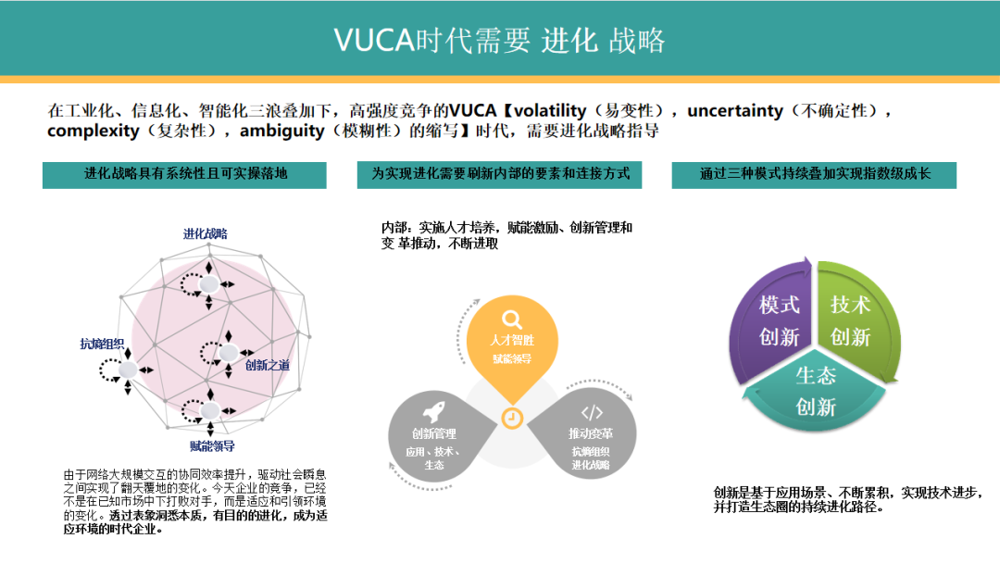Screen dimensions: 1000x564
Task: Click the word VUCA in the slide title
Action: [375, 40]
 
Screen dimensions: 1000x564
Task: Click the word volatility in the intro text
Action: [550, 110]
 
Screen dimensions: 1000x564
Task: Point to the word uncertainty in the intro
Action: [734, 110]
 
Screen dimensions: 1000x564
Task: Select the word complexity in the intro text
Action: [94, 132]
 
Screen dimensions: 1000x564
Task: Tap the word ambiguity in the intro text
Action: [281, 132]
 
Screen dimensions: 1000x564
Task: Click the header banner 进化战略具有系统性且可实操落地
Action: [184, 175]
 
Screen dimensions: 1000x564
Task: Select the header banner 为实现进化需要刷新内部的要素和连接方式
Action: [499, 175]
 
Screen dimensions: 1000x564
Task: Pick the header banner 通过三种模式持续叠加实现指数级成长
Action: [814, 175]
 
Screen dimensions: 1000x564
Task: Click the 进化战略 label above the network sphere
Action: [206, 233]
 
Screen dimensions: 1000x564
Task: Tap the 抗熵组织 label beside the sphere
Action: [102, 344]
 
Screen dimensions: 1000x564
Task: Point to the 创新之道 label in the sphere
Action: [268, 365]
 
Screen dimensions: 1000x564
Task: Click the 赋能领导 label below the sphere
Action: [212, 446]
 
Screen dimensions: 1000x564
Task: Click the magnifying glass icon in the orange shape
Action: [512, 319]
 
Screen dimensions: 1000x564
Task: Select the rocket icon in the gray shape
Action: [434, 411]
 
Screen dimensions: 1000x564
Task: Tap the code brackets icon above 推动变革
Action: [592, 412]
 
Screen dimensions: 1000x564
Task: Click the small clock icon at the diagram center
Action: [511, 419]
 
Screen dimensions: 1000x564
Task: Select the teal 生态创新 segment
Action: [815, 391]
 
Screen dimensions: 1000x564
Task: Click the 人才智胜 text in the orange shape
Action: [512, 340]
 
